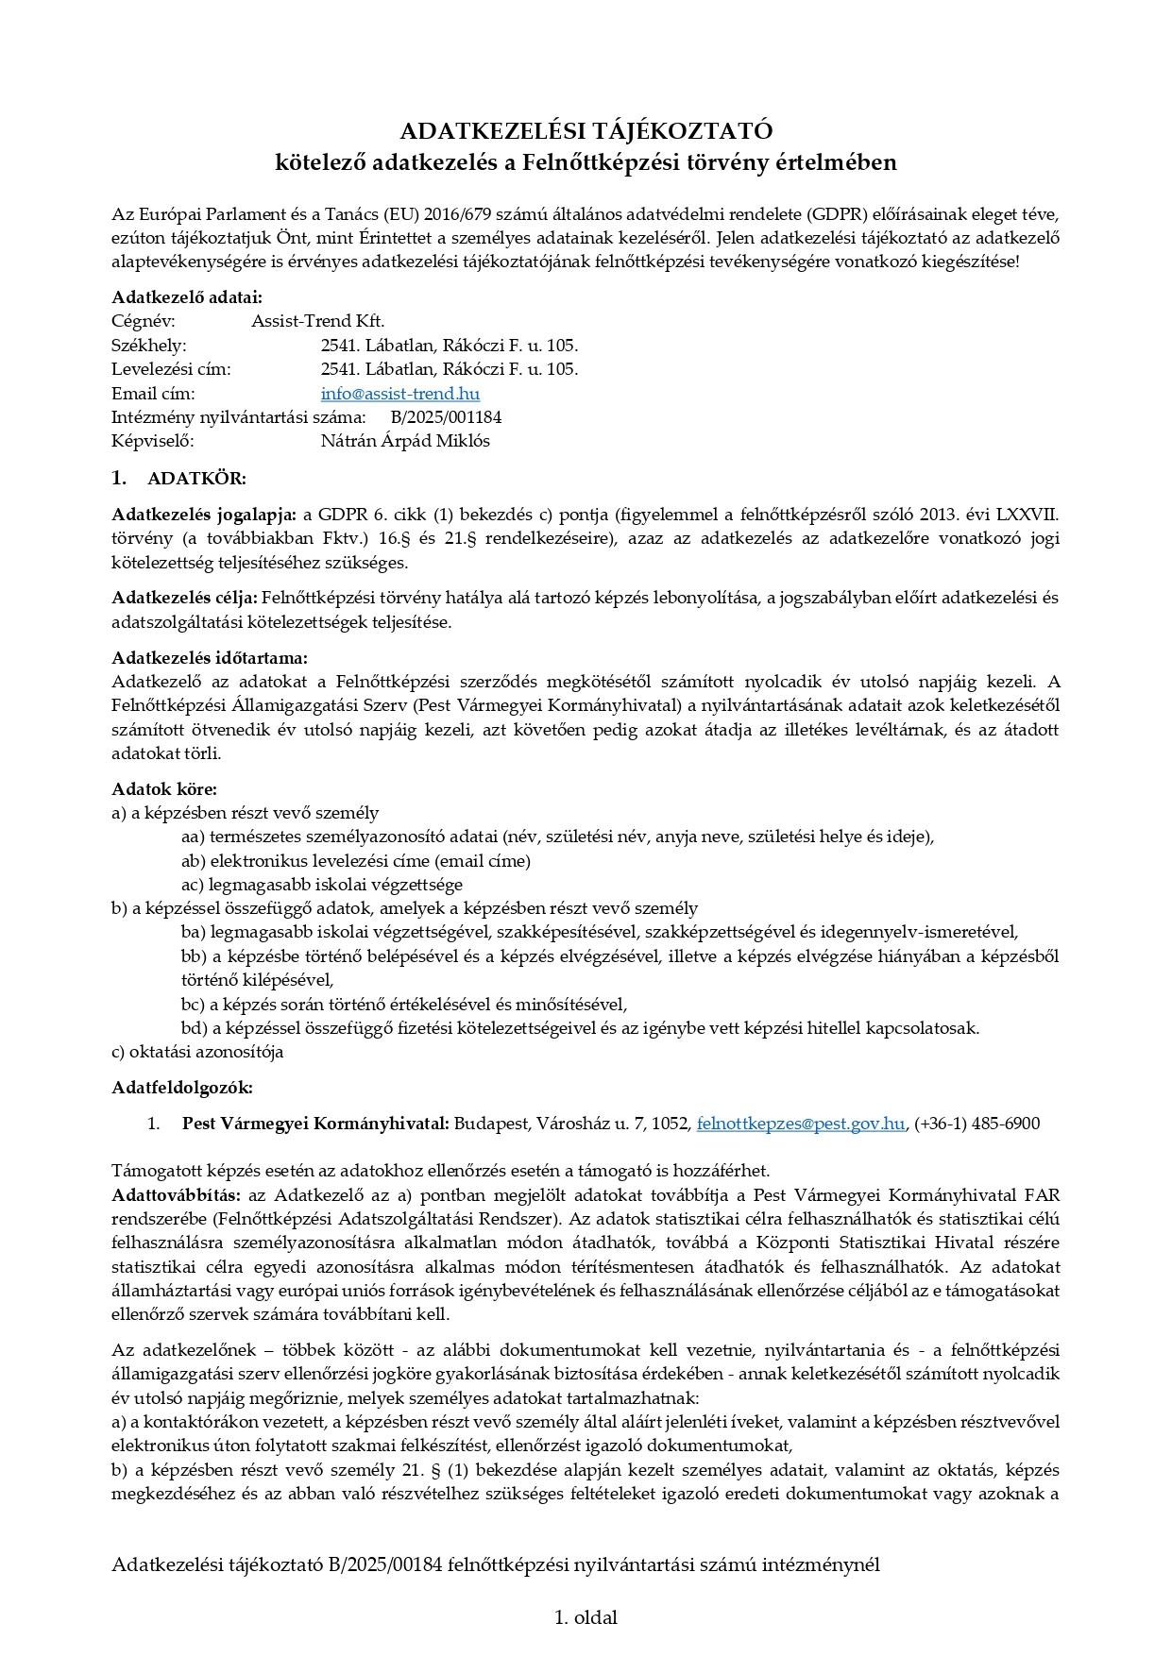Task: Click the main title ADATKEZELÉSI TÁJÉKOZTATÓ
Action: point(586,130)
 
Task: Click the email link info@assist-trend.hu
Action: point(399,394)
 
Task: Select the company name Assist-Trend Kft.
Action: point(317,321)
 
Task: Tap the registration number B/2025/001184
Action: point(446,417)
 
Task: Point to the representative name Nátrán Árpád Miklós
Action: point(405,441)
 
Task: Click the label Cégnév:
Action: point(144,321)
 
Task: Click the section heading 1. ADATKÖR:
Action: point(178,479)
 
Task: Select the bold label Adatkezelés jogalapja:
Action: point(204,515)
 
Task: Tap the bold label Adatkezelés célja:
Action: point(184,598)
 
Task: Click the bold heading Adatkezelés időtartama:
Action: point(210,658)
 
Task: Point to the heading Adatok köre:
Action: point(164,789)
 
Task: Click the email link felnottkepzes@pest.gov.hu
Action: point(800,1124)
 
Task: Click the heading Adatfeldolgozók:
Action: point(182,1088)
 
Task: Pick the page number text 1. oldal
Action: point(586,1617)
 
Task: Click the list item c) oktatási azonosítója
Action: point(197,1052)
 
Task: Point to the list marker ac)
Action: point(193,885)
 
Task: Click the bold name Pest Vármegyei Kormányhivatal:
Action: point(315,1124)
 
